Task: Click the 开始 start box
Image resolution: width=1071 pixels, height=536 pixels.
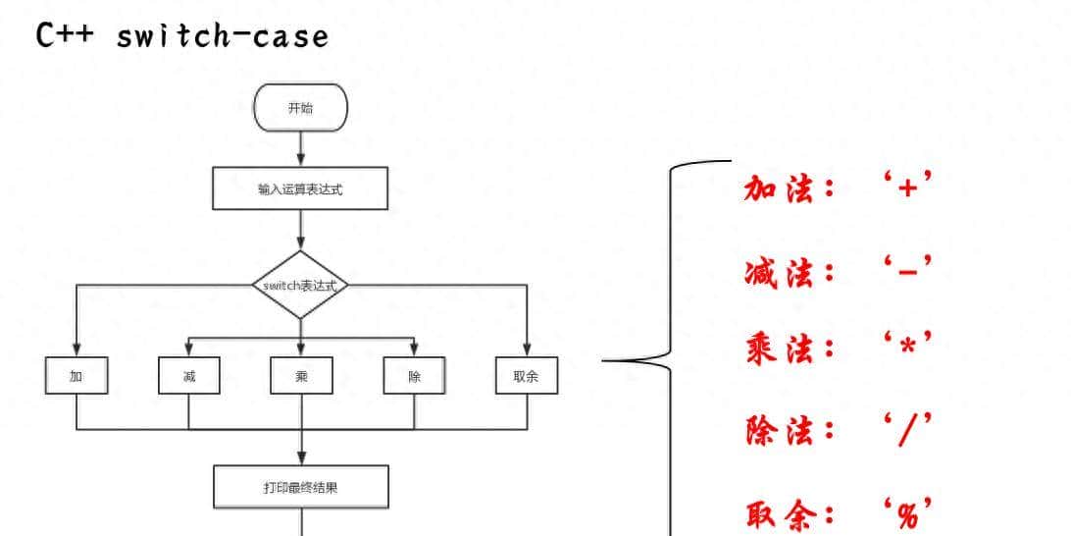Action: (300, 108)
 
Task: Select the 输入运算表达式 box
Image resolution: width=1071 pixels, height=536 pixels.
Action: (300, 188)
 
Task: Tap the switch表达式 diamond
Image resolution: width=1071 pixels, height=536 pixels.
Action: (300, 285)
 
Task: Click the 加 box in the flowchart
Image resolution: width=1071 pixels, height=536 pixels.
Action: (76, 376)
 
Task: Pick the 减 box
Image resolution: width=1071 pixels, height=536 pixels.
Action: (189, 376)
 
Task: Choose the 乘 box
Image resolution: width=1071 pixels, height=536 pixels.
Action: (301, 376)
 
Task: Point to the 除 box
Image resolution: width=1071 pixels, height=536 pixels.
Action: (414, 376)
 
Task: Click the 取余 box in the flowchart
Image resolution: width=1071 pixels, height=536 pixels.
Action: (527, 376)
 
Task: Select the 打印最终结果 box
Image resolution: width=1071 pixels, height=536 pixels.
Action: (301, 487)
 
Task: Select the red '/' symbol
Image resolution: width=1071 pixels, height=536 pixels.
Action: (905, 429)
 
